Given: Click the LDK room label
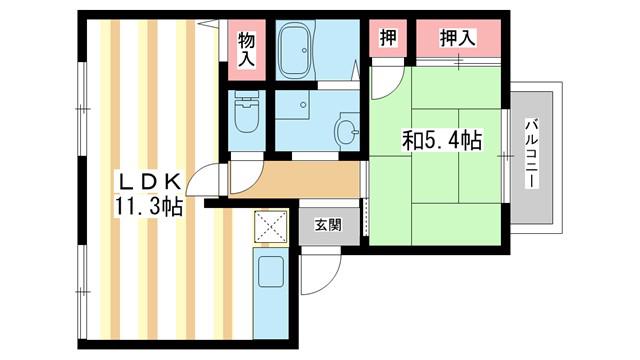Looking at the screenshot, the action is click(149, 182).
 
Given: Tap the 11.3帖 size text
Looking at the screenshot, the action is click(149, 207).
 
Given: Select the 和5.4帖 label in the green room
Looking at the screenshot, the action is click(442, 140).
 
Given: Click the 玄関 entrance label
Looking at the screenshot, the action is click(328, 225).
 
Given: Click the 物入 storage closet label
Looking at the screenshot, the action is click(247, 49).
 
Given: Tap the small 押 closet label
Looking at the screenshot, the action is click(388, 38).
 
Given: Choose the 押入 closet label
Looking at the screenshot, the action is click(458, 38).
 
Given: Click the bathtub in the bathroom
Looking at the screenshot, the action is click(296, 50).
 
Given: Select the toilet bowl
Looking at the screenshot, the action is click(247, 116).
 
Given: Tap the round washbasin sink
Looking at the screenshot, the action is click(347, 130).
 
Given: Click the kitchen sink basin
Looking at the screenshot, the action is click(271, 271).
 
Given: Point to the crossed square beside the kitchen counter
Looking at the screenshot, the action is click(270, 227).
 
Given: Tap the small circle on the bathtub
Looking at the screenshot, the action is click(304, 50).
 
